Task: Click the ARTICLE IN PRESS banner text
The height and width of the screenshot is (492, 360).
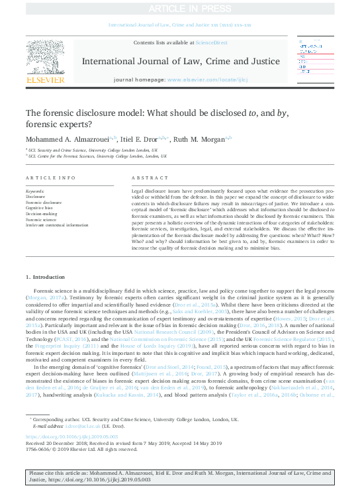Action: tap(179, 8)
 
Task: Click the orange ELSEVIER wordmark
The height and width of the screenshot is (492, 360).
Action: tap(45, 80)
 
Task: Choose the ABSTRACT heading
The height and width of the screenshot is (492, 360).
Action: tap(146, 179)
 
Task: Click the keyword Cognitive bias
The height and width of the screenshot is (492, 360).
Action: tap(40, 208)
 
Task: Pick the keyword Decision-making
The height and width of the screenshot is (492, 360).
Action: tap(42, 214)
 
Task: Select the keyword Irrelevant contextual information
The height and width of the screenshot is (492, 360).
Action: tap(56, 225)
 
